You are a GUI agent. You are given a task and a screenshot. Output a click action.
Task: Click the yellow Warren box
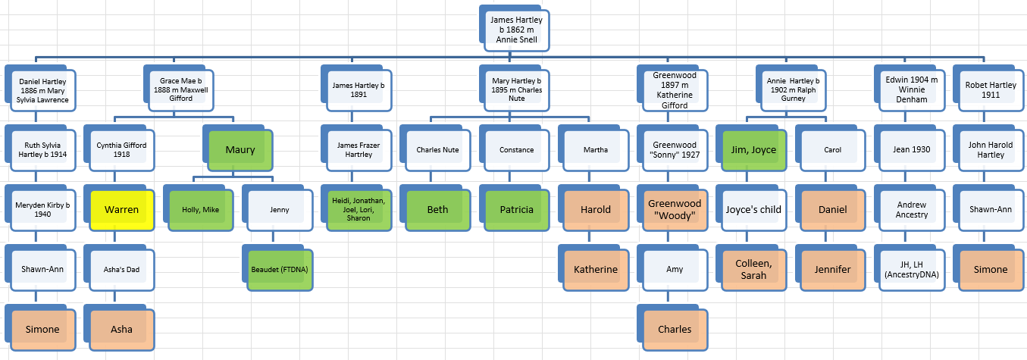point(121,210)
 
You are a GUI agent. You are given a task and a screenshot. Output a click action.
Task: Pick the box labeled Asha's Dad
point(121,270)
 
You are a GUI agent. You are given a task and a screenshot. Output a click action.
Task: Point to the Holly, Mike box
point(200,210)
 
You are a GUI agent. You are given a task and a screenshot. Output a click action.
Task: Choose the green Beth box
point(437,210)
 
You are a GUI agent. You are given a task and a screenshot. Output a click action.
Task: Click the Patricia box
point(517,210)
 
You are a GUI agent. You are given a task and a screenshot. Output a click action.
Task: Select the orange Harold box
point(596,210)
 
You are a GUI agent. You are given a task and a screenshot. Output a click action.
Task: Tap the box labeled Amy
point(675,270)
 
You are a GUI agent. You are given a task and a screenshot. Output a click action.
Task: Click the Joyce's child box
point(753,210)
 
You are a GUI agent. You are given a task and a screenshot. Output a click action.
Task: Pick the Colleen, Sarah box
point(753,270)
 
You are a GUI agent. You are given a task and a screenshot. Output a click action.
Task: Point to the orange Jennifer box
point(832,270)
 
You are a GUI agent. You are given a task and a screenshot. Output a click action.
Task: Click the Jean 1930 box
point(912,150)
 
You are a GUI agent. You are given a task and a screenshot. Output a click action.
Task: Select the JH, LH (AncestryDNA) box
point(912,270)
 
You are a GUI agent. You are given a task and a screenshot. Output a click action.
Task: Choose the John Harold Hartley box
point(991,150)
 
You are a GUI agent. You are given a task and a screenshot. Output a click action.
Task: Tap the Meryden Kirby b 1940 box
point(42,210)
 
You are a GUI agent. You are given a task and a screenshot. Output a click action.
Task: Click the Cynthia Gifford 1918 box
point(121,150)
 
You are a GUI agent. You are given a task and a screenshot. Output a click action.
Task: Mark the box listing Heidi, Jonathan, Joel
point(359,210)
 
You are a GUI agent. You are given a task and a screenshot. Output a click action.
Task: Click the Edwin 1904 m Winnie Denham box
point(912,90)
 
